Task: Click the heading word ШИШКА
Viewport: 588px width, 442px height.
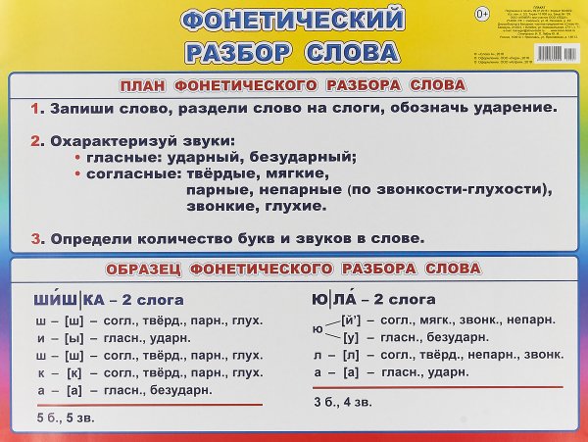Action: [66, 300]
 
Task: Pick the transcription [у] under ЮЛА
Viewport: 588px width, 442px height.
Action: [355, 338]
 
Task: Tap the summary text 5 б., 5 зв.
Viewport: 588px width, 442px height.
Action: [61, 419]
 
